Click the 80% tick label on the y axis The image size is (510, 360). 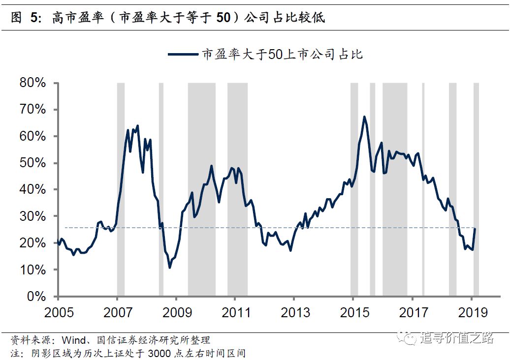point(32,83)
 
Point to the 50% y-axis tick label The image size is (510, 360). point(32,163)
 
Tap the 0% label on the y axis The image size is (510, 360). point(36,297)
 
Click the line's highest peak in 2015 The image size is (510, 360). point(364,117)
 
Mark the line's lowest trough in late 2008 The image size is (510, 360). point(170,268)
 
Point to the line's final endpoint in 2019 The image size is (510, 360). point(475,229)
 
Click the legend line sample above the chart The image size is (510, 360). point(183,54)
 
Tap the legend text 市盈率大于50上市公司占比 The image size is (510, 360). point(282,54)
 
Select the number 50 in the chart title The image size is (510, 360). point(223,18)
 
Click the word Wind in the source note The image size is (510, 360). point(75,340)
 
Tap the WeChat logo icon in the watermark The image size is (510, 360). point(409,338)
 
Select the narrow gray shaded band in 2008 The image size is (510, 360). point(161,189)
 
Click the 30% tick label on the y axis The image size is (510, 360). point(32,216)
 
